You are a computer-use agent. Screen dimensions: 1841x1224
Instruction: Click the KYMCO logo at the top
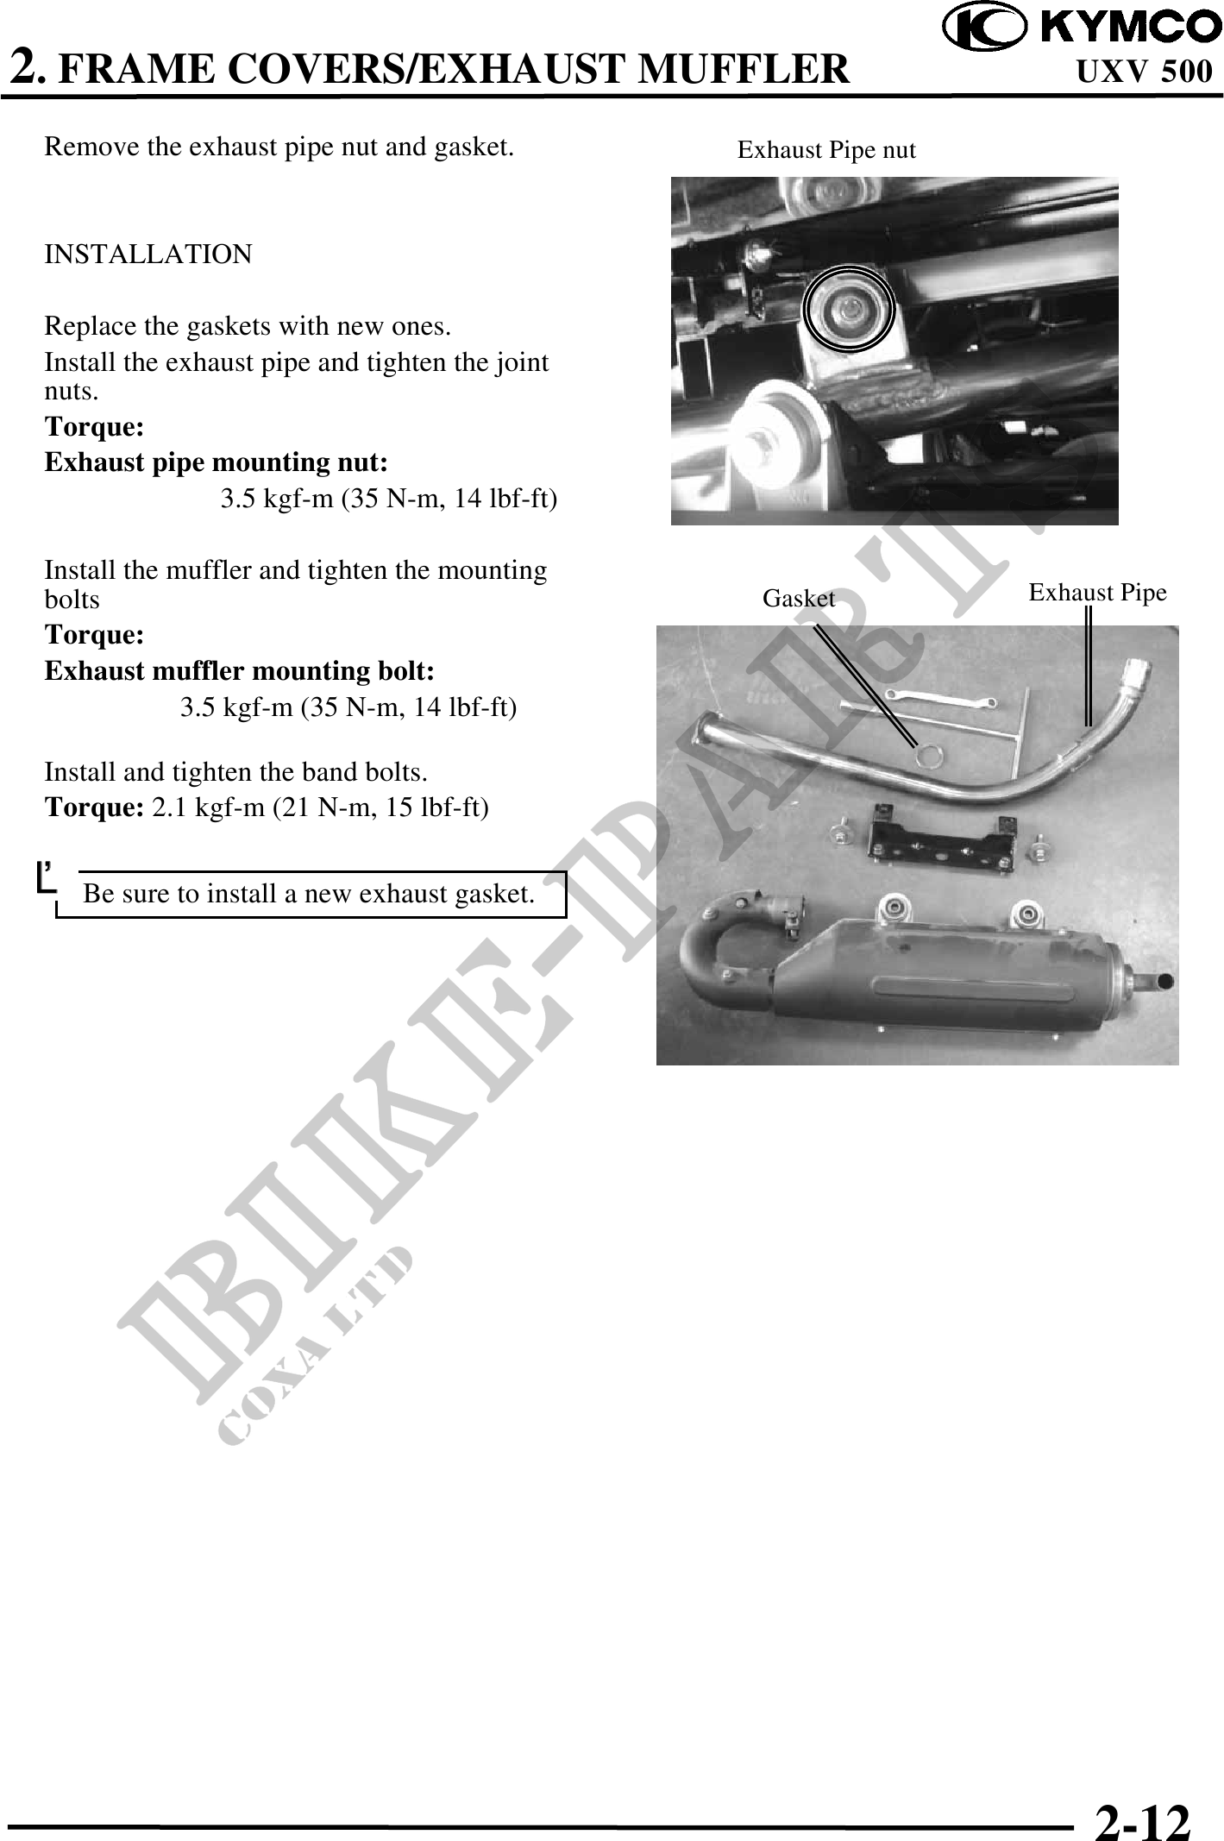tap(1082, 28)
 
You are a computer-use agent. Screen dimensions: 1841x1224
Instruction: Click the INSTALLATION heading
tap(148, 254)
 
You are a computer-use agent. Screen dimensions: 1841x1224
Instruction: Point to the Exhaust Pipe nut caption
tap(825, 151)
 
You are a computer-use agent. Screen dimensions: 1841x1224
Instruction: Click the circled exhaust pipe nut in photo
tap(849, 308)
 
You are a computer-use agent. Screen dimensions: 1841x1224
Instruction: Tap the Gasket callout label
tap(798, 598)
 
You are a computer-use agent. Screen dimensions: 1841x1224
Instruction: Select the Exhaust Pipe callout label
tap(1097, 593)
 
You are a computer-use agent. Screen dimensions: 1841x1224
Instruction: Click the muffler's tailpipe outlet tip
tap(1160, 981)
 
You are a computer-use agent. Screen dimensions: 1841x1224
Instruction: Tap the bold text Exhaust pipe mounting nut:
tap(216, 463)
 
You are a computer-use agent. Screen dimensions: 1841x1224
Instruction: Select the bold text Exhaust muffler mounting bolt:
tap(239, 671)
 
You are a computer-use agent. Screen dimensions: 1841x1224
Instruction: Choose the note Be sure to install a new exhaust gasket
tap(309, 895)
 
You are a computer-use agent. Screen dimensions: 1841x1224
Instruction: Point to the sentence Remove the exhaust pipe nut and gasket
tap(279, 147)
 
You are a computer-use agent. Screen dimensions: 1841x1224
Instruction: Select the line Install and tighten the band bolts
tap(235, 772)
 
